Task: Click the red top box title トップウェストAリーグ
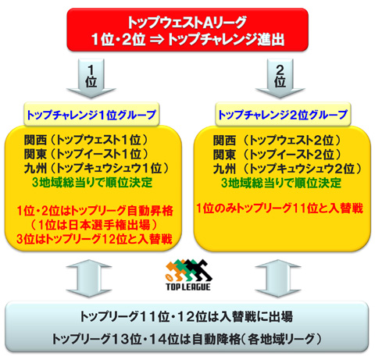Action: [187, 23]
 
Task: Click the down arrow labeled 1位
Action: [91, 78]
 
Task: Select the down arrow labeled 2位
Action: [280, 78]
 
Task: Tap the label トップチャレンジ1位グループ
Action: [91, 115]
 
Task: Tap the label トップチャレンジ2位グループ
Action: [283, 115]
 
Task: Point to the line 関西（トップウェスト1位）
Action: [86, 141]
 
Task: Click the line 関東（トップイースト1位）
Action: [86, 154]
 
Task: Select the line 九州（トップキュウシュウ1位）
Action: [97, 168]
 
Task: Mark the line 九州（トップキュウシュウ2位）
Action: [287, 169]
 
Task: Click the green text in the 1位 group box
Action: [92, 182]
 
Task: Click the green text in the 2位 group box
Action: [281, 183]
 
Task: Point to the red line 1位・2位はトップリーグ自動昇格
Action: [95, 211]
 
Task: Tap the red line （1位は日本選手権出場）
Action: [95, 225]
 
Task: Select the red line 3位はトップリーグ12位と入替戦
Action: [95, 239]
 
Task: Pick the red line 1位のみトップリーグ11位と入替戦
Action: [280, 209]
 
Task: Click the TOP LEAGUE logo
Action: [188, 275]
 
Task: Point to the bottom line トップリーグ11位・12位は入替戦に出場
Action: [186, 317]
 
